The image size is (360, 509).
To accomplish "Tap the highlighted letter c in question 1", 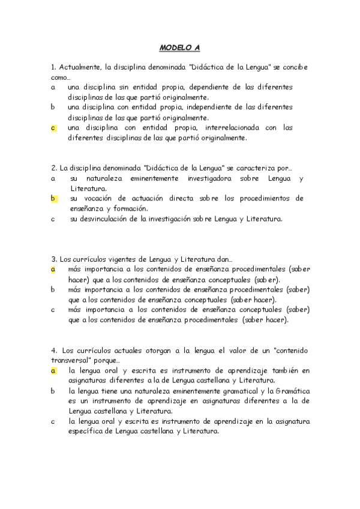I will [53, 128].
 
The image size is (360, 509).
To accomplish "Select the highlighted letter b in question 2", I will [53, 198].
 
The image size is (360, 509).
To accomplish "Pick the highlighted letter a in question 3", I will [53, 270].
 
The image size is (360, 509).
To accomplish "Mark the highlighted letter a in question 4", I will [53, 370].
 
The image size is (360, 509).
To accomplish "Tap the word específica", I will [86, 431].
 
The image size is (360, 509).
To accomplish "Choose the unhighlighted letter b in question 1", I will [53, 107].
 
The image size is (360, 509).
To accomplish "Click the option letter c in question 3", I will [53, 310].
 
